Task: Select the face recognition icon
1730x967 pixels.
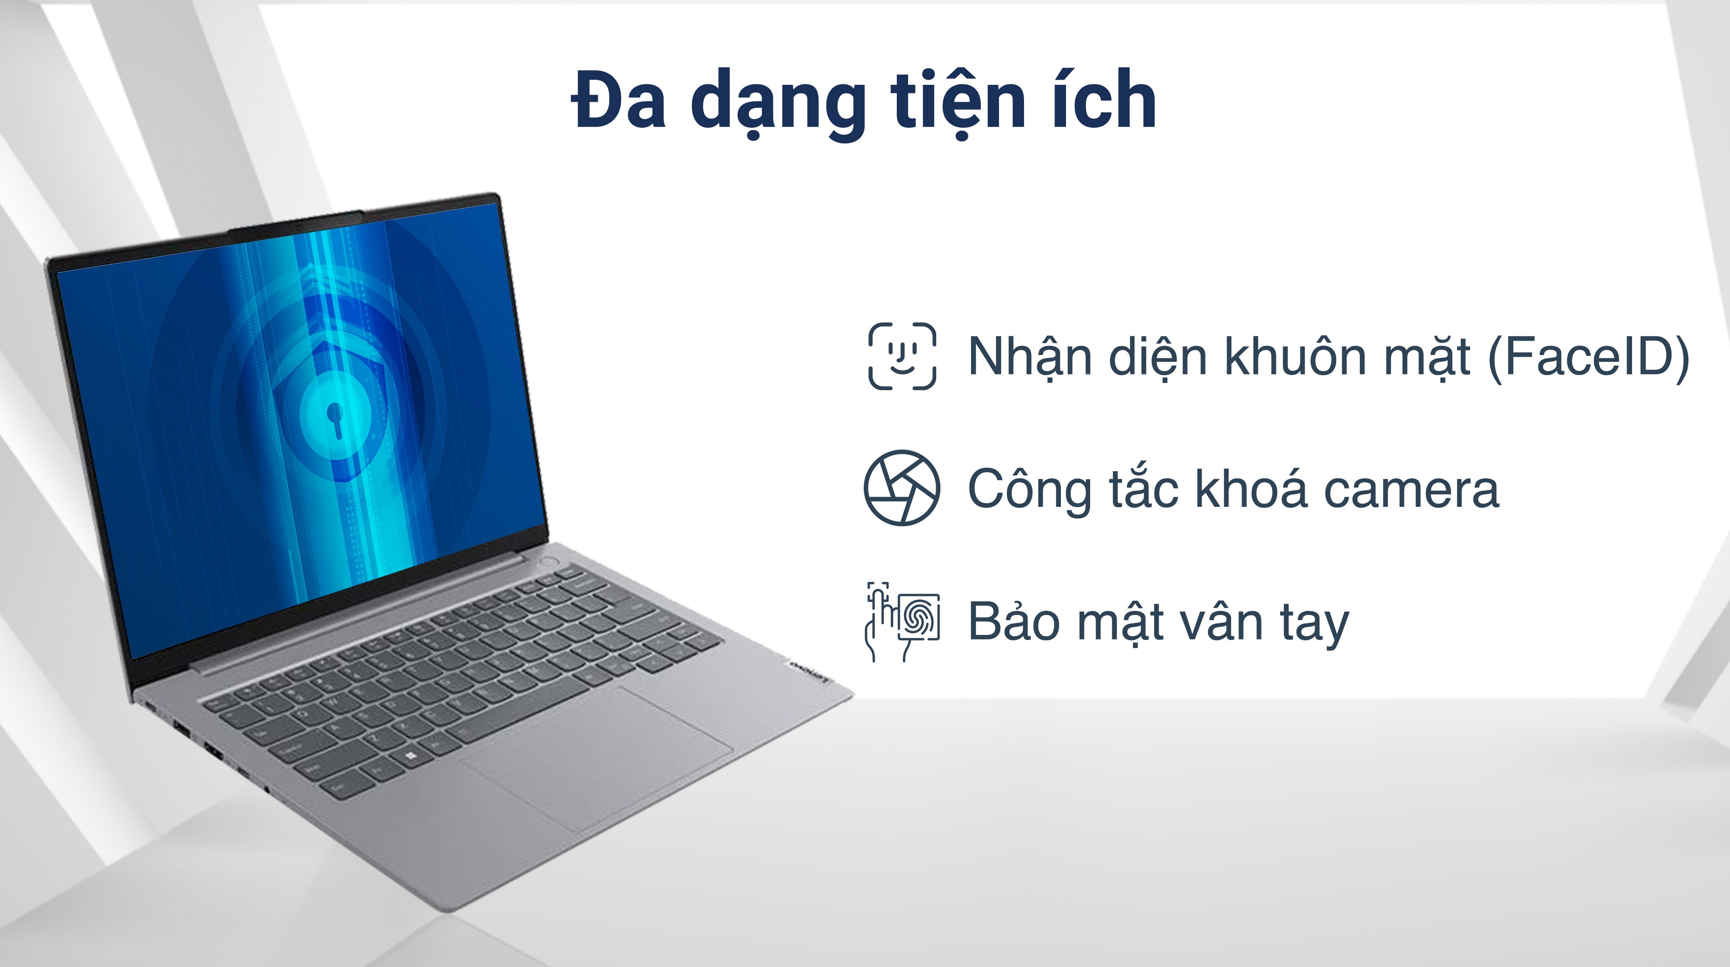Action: (x=902, y=356)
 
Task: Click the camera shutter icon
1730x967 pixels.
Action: (x=902, y=488)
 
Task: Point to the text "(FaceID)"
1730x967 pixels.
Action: (x=1588, y=356)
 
